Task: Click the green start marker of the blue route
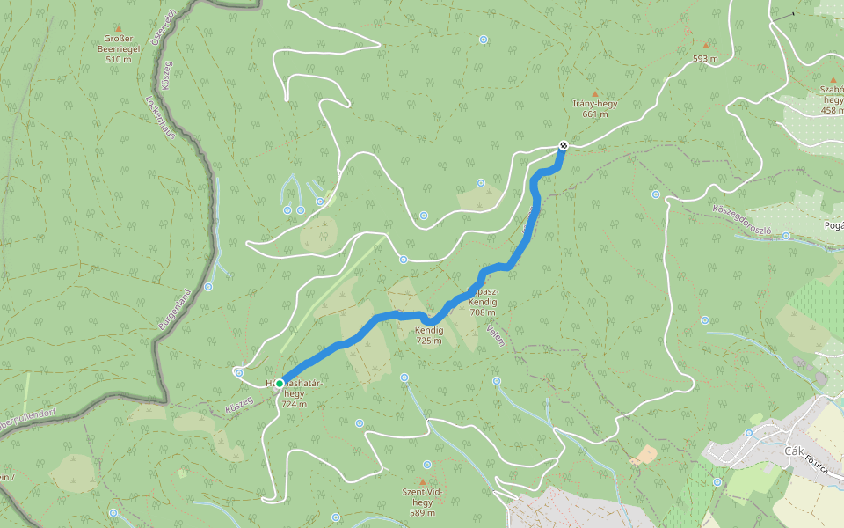(x=280, y=384)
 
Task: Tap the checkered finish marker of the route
(x=564, y=145)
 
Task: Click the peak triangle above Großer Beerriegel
(x=119, y=28)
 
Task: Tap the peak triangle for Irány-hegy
(x=595, y=93)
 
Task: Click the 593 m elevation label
(x=705, y=59)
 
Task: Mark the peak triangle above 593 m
(x=705, y=45)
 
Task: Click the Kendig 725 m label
(x=429, y=334)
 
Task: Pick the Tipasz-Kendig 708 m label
(x=482, y=301)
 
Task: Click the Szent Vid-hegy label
(x=422, y=502)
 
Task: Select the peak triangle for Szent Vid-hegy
(x=422, y=482)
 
